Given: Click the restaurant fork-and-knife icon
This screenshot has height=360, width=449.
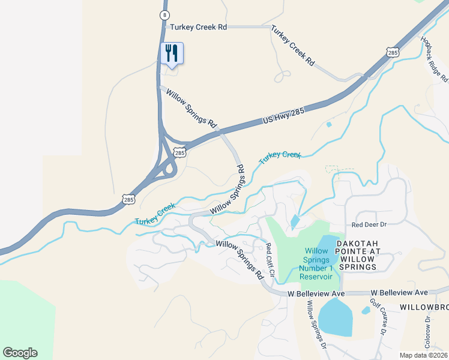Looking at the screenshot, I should pos(172,53).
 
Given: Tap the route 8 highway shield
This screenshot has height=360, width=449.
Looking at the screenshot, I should pos(164,14).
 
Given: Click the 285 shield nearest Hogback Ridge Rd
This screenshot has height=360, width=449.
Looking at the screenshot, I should pos(393,53).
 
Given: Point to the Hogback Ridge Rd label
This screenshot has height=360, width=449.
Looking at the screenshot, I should pos(435,59).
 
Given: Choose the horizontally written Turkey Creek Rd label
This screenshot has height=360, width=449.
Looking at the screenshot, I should pos(198,27).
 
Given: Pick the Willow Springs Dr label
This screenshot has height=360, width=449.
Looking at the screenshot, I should pos(316,325).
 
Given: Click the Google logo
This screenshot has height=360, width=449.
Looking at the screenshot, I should pos(20,352).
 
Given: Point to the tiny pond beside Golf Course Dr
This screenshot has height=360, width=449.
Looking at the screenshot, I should pos(366,311).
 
